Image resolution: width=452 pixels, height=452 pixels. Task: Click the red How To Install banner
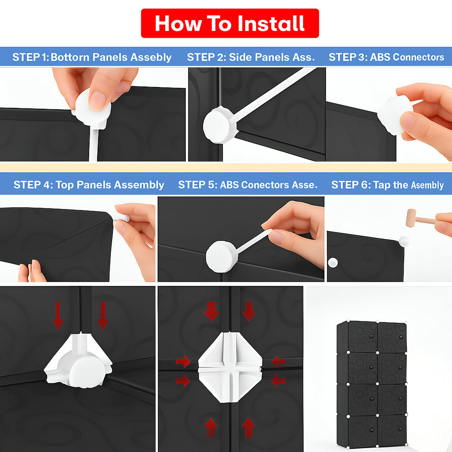point(230,23)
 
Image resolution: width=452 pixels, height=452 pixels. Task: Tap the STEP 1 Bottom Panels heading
point(92,57)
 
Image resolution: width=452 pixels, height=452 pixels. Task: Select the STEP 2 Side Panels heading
point(251,57)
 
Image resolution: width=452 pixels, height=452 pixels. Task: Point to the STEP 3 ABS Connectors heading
point(386,57)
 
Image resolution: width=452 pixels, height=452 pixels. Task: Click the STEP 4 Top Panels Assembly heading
point(89,185)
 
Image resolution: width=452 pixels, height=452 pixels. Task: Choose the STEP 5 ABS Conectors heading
point(248,185)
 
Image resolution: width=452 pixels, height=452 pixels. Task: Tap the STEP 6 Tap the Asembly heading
point(388,185)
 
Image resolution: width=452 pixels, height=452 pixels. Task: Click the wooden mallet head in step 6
point(411,218)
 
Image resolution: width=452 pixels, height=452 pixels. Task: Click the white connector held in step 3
point(395,116)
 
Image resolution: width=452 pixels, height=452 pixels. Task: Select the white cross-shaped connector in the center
point(230,367)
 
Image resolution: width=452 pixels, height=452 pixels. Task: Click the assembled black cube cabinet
point(372,384)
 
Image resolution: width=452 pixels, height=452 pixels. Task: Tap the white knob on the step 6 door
point(333,262)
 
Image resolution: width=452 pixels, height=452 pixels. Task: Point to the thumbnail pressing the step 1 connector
point(97,101)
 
